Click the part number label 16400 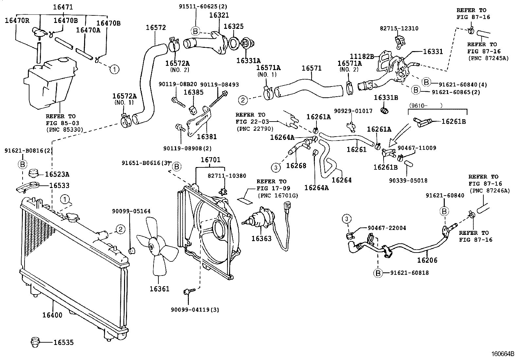coord(52,315)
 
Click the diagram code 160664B coord(502,354)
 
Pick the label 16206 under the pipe coord(427,260)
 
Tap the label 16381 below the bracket coord(207,137)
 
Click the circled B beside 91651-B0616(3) coord(176,167)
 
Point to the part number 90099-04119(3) coord(195,310)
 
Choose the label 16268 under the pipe coord(296,166)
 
